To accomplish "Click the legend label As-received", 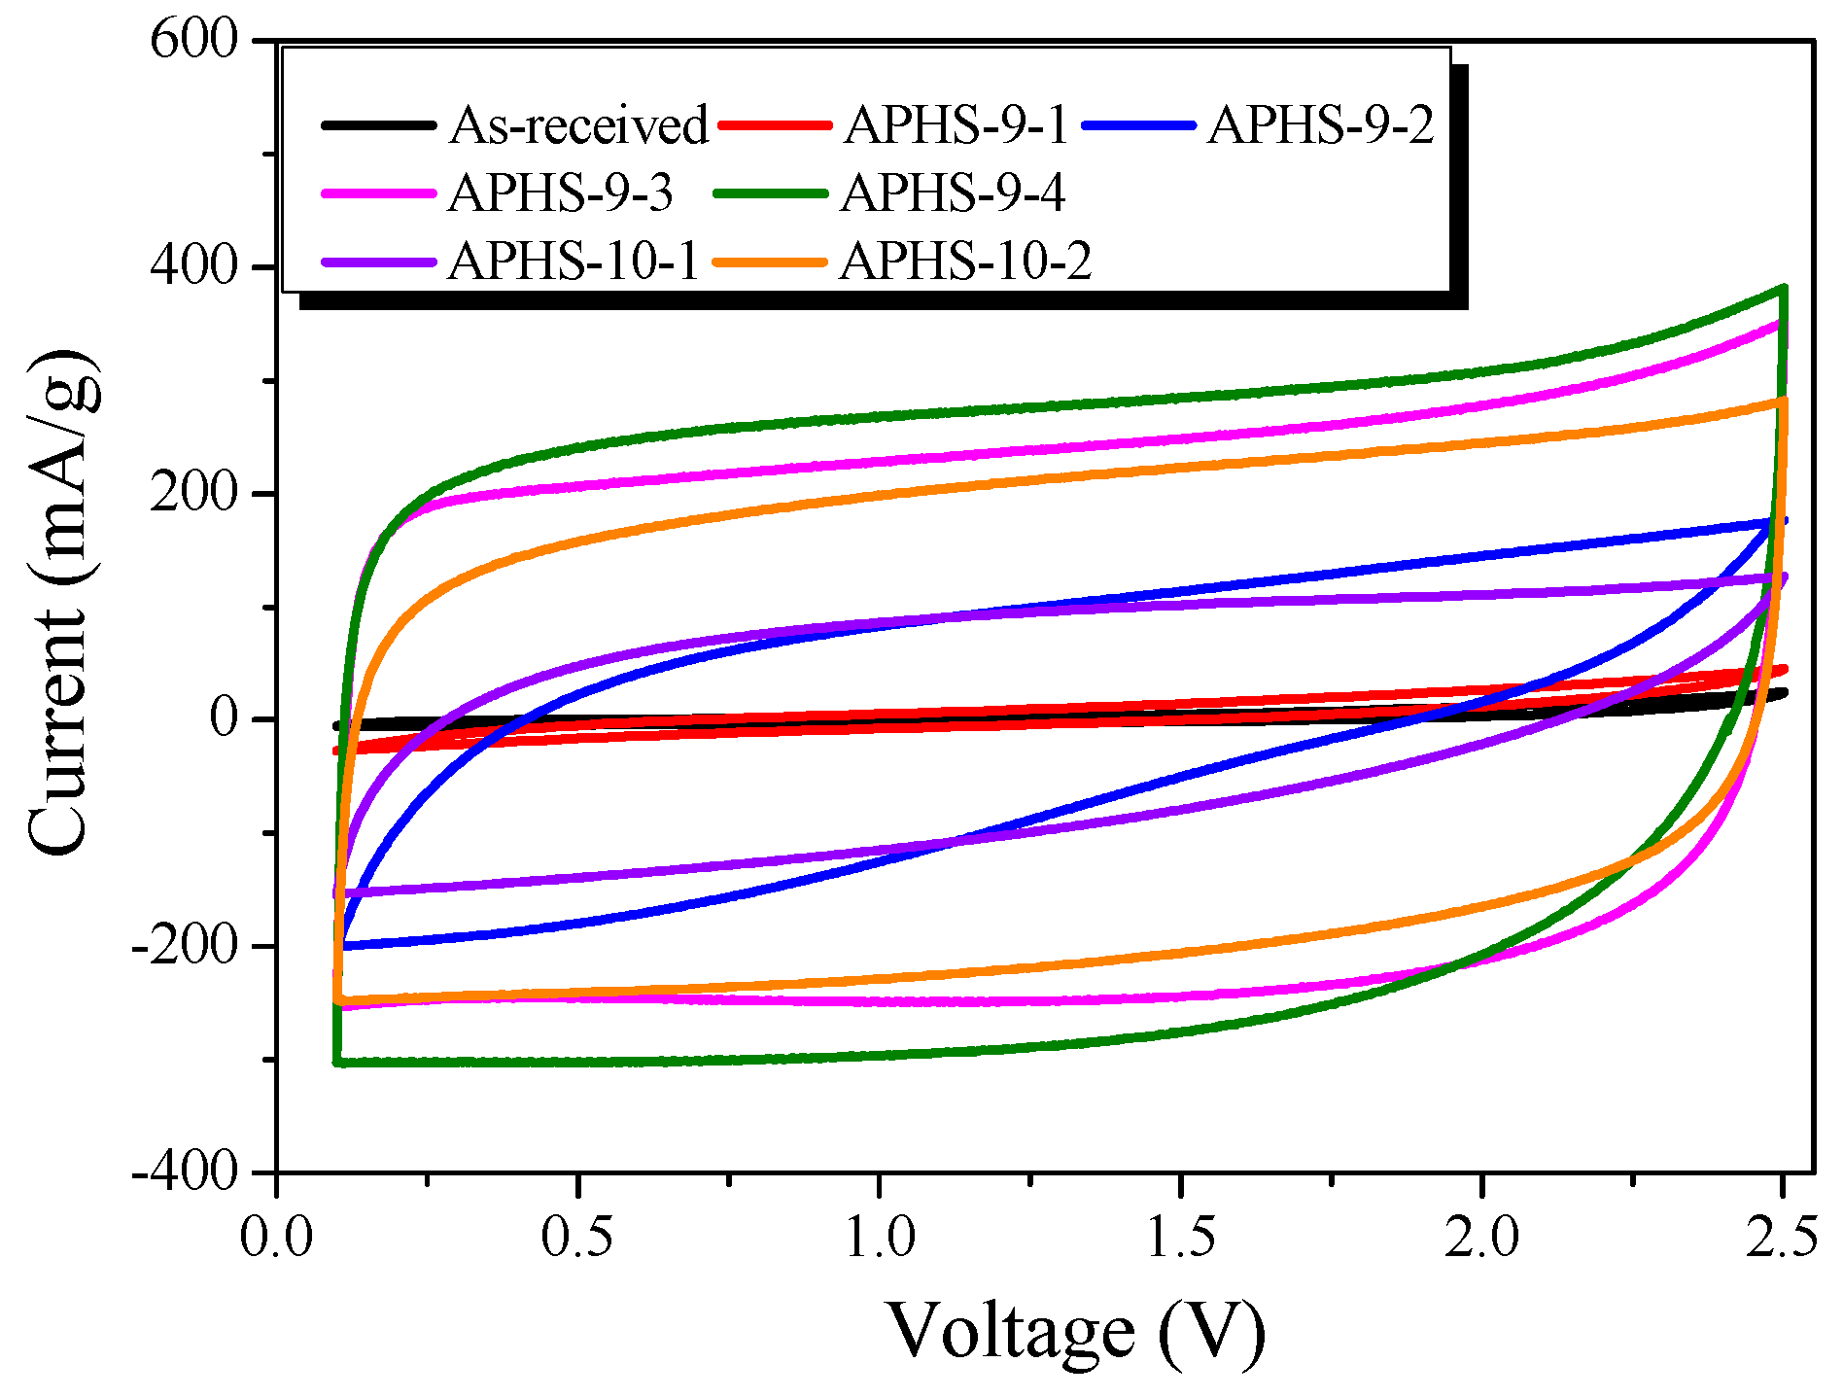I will point(578,126).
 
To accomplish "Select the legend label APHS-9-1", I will point(956,126).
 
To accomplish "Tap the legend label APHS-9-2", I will point(1321,126).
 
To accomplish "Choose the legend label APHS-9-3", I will point(561,193).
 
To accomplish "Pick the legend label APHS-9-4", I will point(954,193).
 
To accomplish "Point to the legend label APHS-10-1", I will point(574,262).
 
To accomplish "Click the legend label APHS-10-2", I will point(966,262).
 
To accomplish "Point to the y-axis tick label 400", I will point(194,266).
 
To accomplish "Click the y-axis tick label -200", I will point(185,946).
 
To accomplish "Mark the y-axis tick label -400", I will point(185,1171).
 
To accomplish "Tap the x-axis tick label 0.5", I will point(577,1239).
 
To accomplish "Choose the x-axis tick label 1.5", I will point(1180,1239).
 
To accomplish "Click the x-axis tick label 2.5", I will point(1781,1239).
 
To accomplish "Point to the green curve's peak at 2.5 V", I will point(1783,288).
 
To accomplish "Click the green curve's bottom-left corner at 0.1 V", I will point(337,1062).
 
